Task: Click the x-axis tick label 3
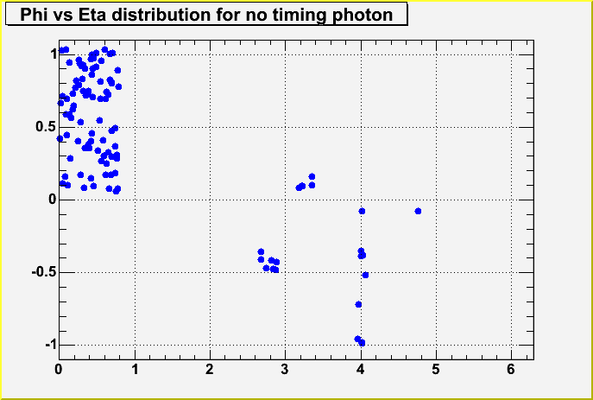tap(285, 368)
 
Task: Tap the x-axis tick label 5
tap(436, 368)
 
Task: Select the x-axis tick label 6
tap(512, 368)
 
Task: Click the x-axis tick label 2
tap(210, 368)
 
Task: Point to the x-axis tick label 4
tap(361, 368)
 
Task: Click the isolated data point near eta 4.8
tap(418, 211)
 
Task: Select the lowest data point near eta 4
tap(362, 343)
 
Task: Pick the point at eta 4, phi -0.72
tap(358, 304)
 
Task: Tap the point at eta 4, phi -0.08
tap(362, 211)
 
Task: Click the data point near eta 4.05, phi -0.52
tap(365, 275)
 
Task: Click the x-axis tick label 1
tap(135, 368)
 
